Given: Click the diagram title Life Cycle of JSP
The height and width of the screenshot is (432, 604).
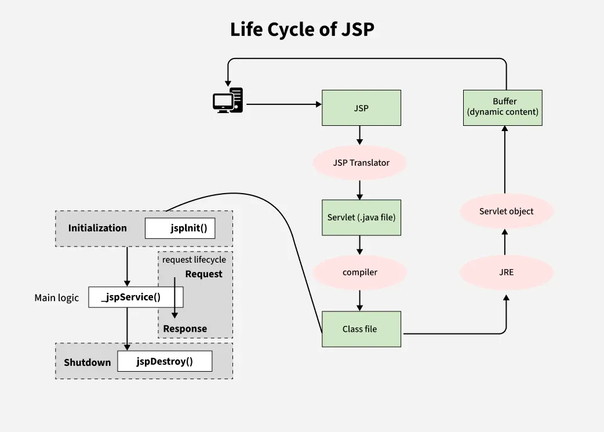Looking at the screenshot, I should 302,30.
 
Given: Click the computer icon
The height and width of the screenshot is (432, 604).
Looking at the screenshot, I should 227,100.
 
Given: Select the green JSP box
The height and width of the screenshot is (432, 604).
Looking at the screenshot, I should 361,108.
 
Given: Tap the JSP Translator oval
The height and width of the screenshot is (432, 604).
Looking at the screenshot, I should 361,163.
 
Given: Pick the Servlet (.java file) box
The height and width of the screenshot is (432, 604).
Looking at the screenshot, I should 361,217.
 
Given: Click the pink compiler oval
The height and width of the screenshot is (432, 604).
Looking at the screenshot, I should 360,272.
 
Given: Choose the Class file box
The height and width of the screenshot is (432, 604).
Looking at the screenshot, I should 361,329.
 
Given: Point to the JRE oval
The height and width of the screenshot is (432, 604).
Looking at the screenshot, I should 505,272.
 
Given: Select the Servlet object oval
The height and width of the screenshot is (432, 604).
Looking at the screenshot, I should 506,211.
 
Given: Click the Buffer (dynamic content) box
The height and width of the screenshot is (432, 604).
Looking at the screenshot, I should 503,107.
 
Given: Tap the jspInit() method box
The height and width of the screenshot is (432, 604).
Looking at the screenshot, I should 180,228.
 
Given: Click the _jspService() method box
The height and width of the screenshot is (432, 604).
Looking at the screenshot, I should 136,297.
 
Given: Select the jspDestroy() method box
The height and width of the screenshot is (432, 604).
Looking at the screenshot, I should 165,362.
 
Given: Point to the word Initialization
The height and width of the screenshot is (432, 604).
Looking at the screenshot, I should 97,228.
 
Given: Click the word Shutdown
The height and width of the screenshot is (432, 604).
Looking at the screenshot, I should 87,362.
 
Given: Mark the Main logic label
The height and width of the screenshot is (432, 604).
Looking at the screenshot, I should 56,297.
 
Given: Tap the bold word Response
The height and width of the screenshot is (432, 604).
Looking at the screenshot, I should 185,329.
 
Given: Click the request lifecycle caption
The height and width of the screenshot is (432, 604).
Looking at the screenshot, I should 194,260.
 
